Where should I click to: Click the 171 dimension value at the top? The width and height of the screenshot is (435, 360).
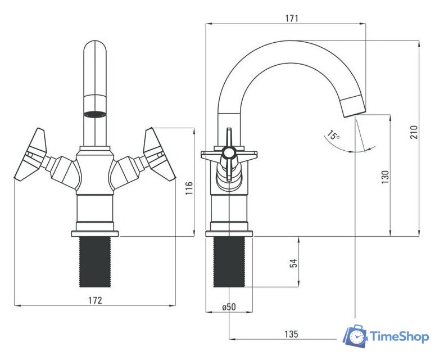(x=292, y=19)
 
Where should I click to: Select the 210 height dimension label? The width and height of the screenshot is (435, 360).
(x=414, y=132)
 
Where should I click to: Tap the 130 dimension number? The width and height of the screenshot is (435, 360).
(x=385, y=177)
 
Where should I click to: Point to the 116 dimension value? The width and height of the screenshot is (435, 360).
(x=189, y=188)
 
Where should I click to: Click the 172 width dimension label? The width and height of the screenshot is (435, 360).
(x=95, y=300)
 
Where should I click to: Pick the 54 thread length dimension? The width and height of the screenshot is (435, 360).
(x=293, y=263)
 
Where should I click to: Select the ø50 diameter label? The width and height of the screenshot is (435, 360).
(x=229, y=307)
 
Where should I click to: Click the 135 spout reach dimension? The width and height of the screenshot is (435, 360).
(x=291, y=334)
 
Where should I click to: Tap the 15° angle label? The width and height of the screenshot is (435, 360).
(x=333, y=135)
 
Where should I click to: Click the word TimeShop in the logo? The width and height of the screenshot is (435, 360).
(x=400, y=337)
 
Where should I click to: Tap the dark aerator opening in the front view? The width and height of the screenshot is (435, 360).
(x=95, y=114)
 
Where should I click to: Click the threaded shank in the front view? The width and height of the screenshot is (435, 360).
(x=95, y=262)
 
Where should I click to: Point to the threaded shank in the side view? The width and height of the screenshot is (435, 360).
(x=229, y=262)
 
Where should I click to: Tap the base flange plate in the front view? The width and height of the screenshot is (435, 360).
(x=95, y=233)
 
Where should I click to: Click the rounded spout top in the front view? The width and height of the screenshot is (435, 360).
(x=95, y=50)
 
